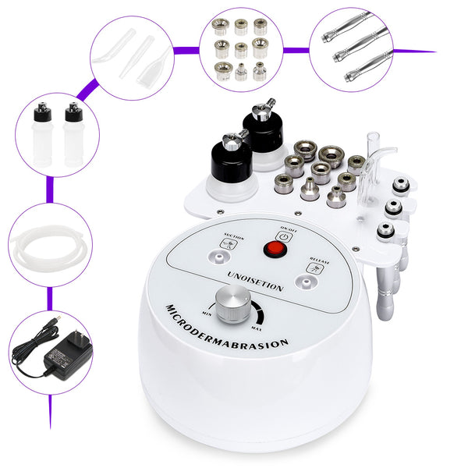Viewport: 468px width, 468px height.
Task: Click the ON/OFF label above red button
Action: pos(286,229)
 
